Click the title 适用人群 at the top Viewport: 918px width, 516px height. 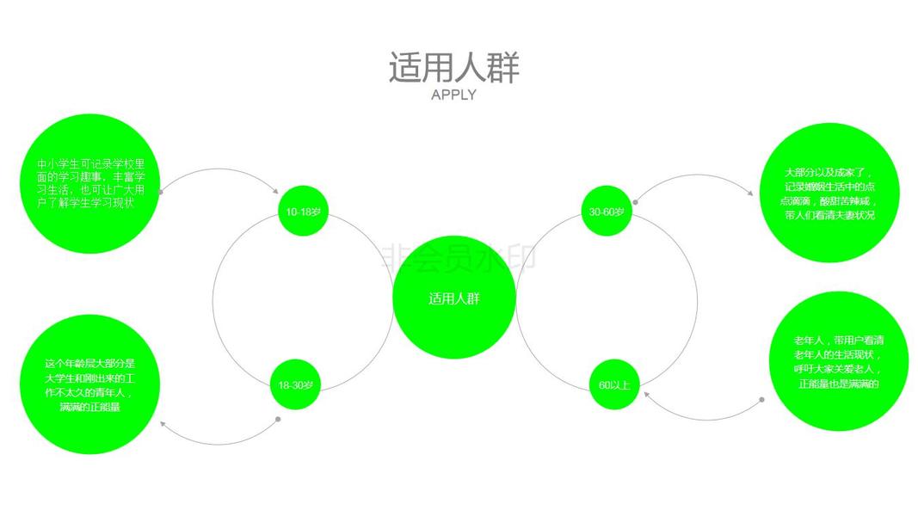pos(453,68)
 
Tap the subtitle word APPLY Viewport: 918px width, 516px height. pos(453,95)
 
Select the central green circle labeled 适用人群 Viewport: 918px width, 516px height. pos(454,298)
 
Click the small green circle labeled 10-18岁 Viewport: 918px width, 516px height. pos(303,211)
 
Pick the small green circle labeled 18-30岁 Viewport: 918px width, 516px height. pos(295,384)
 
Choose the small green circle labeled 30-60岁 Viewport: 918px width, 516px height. pos(607,211)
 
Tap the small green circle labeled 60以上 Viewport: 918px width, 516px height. pos(614,384)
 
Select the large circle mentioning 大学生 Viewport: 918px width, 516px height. pos(90,384)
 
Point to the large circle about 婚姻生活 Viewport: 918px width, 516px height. pos(830,193)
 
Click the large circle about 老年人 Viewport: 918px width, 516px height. pos(839,361)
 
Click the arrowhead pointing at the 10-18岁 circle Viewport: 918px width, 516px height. pos(275,193)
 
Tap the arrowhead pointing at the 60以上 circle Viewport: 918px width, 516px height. pos(644,394)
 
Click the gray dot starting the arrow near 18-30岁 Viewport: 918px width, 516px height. pos(278,420)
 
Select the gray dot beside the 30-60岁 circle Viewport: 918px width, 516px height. pos(635,203)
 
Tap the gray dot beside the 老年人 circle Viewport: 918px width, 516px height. pos(762,400)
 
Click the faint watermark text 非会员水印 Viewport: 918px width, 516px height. pos(458,255)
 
